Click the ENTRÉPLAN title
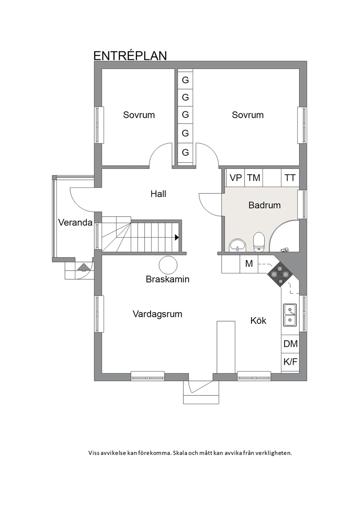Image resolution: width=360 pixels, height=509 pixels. point(130,56)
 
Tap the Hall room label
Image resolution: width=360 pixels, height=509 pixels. point(158,194)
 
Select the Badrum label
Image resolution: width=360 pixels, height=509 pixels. point(264,205)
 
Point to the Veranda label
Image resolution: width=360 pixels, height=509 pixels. point(75,222)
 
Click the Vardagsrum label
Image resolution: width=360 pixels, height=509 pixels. point(157,314)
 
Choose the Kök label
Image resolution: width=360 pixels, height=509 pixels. point(258,321)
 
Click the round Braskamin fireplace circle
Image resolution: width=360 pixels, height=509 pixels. point(168,265)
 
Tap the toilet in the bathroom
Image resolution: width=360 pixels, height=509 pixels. point(259,242)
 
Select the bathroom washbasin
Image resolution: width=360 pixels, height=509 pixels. point(237,245)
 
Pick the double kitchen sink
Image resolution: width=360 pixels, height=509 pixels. point(290,315)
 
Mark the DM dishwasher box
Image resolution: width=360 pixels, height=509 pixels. point(290,344)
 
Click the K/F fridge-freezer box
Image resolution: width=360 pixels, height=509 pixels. point(290,362)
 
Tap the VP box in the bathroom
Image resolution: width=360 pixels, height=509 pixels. point(236,178)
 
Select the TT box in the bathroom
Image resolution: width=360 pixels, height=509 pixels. point(290,178)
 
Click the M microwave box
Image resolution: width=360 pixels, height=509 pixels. point(249,264)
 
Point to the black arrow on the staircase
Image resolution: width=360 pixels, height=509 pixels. point(177,238)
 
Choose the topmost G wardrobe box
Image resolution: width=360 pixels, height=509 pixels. point(185,80)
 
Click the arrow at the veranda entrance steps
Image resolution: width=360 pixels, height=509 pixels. point(83,267)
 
